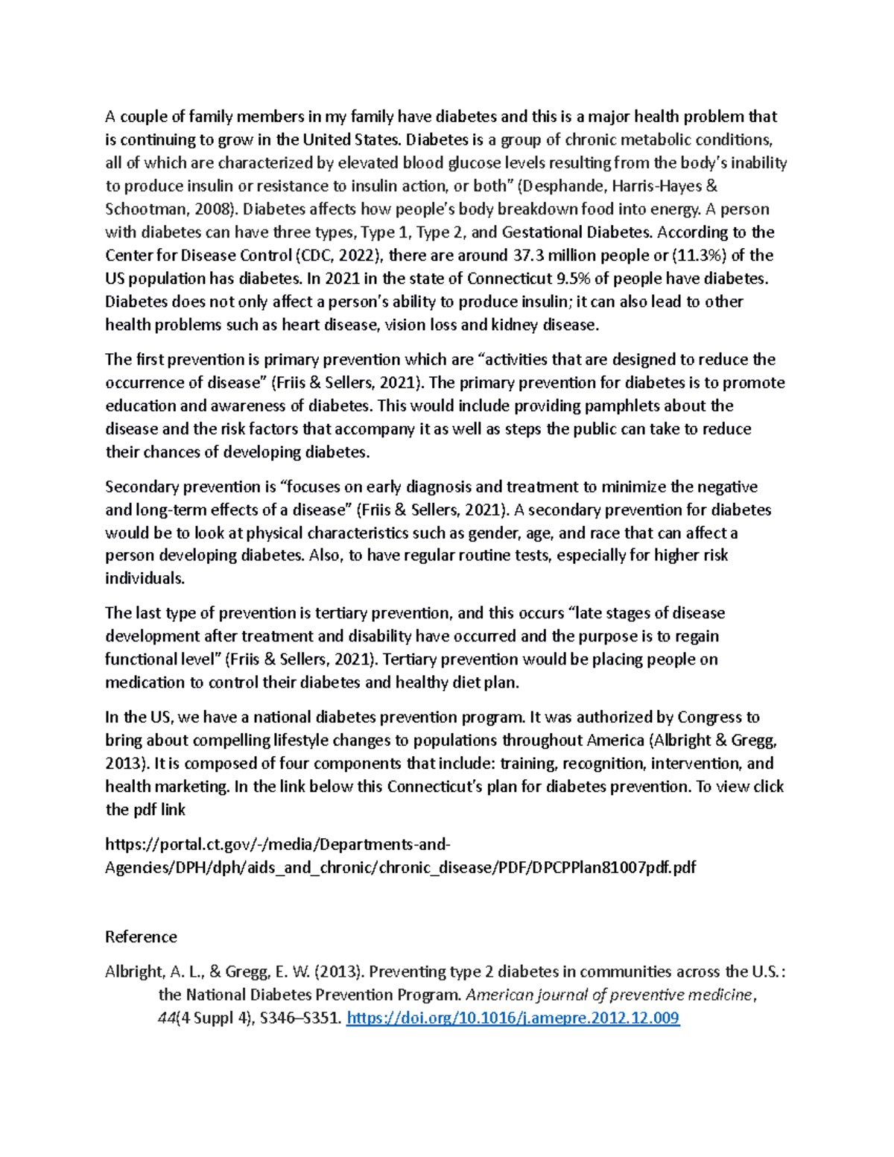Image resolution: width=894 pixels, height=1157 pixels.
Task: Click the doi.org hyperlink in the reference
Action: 513,1018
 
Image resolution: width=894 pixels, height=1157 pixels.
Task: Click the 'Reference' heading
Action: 141,936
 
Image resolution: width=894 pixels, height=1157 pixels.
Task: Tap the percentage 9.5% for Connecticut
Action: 571,279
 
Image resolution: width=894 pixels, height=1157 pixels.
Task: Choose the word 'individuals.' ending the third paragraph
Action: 145,578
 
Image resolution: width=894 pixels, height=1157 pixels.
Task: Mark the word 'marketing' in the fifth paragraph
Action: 191,787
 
